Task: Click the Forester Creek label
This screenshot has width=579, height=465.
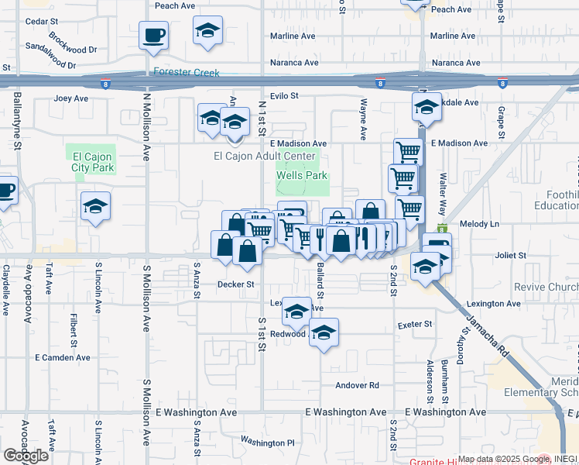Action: [187, 73]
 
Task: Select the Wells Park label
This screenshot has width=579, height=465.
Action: [303, 176]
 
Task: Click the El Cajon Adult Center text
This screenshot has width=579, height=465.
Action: [264, 156]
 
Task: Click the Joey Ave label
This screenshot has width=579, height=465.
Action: [72, 98]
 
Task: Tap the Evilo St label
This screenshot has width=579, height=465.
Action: [284, 95]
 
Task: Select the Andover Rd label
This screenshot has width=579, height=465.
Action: [357, 385]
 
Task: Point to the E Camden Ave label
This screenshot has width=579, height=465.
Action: [63, 358]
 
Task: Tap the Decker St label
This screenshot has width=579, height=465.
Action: [235, 284]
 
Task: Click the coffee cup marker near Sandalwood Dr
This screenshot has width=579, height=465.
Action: [152, 35]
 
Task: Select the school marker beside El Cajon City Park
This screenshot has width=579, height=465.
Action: [95, 206]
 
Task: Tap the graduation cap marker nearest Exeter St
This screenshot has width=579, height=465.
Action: [324, 332]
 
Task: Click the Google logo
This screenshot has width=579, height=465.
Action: [26, 455]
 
